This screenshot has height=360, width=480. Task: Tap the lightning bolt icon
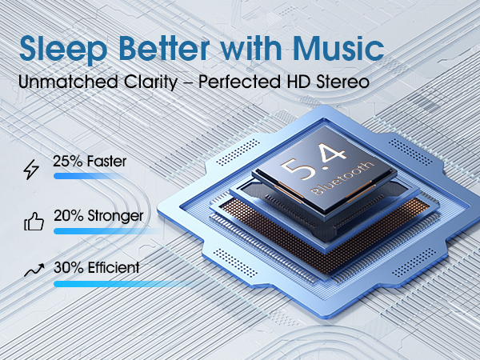point(31,170)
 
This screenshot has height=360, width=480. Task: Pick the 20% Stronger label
point(98,215)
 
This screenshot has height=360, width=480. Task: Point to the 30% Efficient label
point(96,267)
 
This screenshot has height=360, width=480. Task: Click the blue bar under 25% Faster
point(88,178)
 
